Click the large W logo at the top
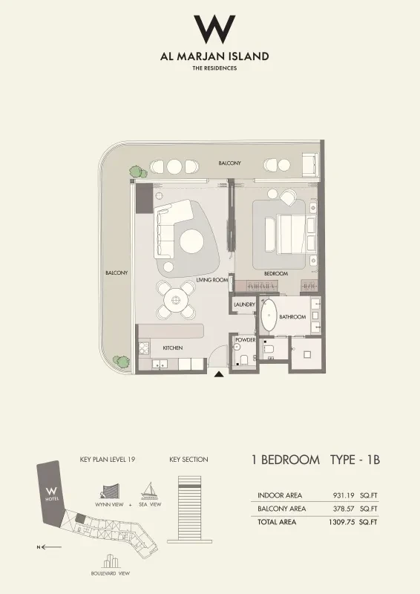(x=214, y=29)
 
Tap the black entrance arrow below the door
(x=218, y=375)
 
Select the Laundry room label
(x=244, y=304)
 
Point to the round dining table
(x=175, y=300)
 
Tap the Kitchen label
(x=173, y=347)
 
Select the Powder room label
(x=246, y=340)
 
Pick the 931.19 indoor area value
(x=344, y=495)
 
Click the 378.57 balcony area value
(x=344, y=509)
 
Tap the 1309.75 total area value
(x=341, y=522)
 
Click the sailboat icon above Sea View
(x=150, y=491)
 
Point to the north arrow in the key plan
(x=49, y=546)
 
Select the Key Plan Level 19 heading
(x=108, y=460)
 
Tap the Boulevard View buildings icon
(x=111, y=561)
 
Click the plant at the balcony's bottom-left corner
(x=121, y=361)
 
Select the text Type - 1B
(x=355, y=460)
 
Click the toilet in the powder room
(x=244, y=359)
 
